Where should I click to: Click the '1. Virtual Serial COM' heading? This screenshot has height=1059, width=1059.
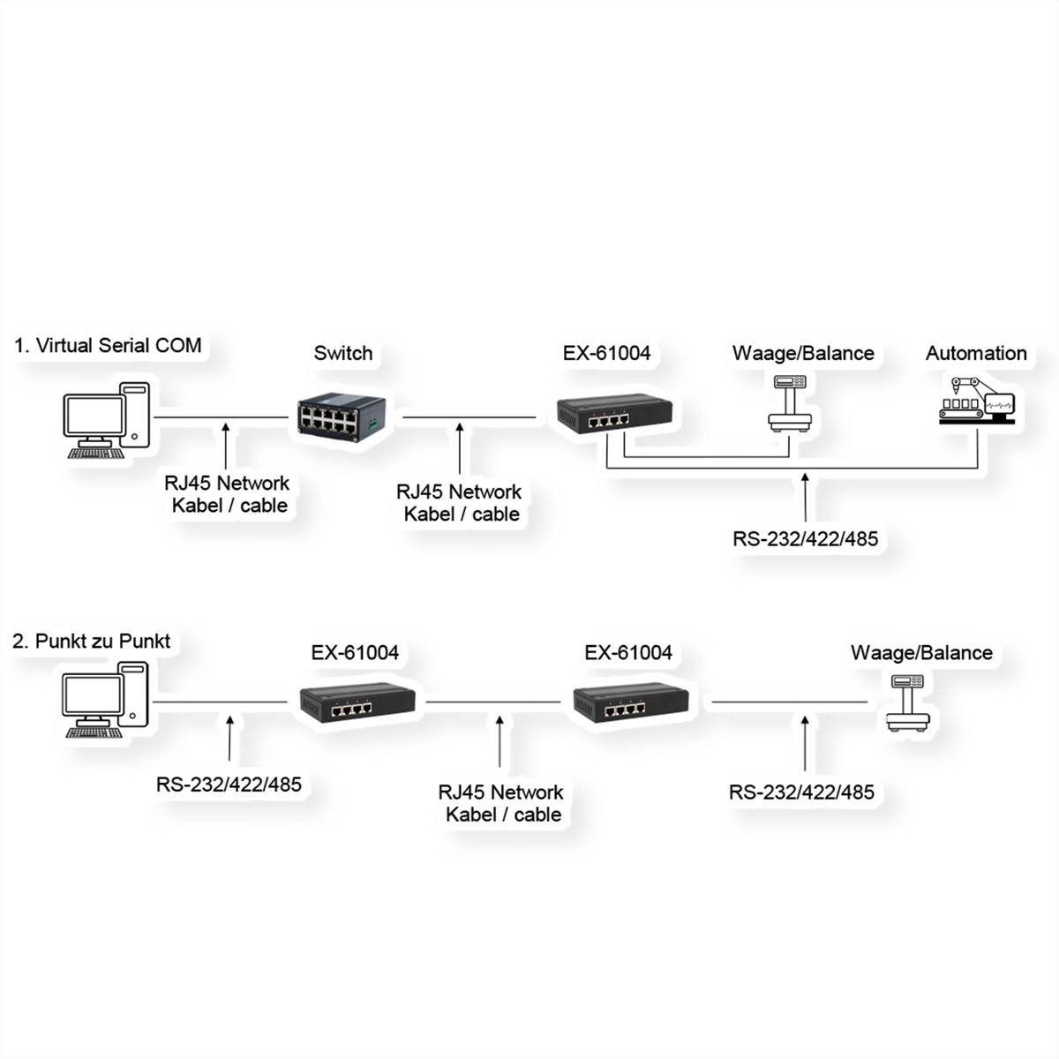point(108,345)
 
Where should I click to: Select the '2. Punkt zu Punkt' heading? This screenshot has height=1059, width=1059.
point(92,641)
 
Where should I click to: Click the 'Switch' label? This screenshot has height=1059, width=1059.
point(342,353)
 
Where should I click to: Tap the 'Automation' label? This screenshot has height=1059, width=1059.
point(976,353)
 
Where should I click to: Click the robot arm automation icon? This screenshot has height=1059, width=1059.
point(977,402)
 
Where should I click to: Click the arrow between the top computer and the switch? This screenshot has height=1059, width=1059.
point(227,446)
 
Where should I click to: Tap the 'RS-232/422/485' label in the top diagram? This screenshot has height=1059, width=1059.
point(805,538)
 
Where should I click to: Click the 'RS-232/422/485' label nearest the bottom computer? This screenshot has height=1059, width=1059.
point(229,783)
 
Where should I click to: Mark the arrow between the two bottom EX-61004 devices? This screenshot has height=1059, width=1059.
point(499,741)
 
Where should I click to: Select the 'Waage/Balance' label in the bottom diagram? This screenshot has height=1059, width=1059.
point(921,653)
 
